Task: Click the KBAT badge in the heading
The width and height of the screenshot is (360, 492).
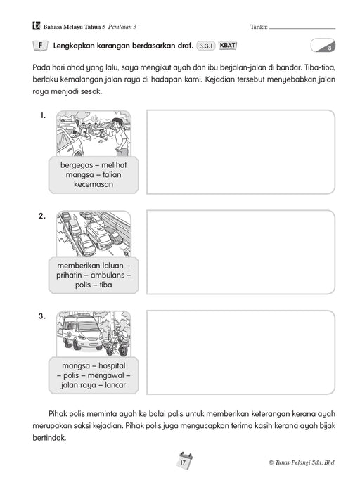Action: pos(227,46)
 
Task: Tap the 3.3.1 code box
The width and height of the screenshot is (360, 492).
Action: pos(206,46)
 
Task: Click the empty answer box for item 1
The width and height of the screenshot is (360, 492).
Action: pos(239,151)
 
